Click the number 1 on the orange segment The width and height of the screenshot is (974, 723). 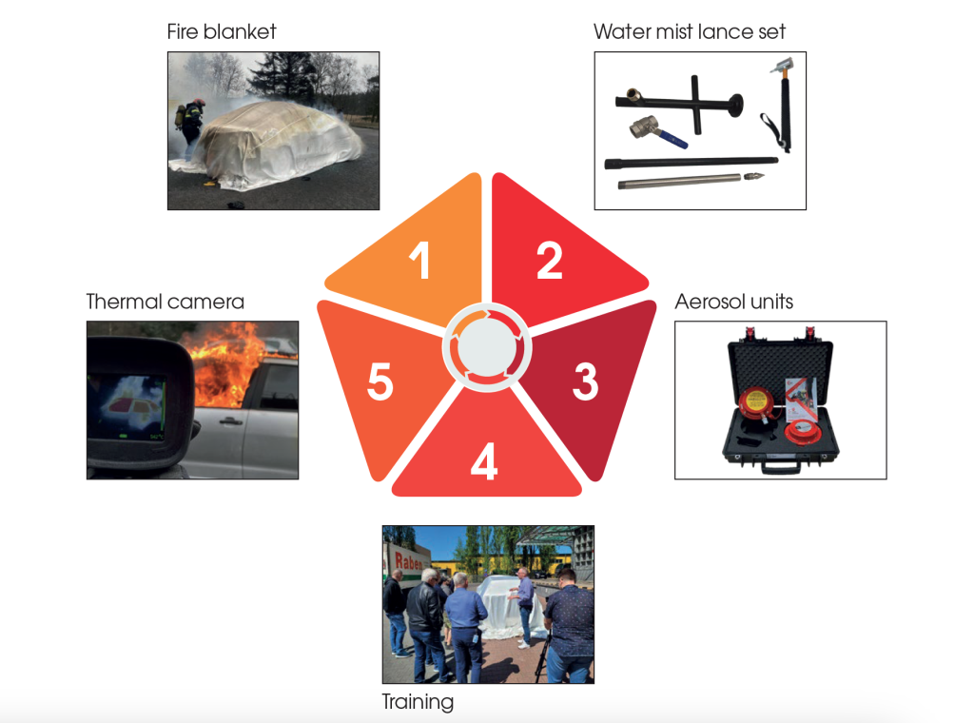420,260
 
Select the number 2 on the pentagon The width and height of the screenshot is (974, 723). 550,261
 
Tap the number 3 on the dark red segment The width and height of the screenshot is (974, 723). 586,381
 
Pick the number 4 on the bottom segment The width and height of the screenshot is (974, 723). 484,460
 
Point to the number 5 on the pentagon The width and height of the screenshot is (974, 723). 380,381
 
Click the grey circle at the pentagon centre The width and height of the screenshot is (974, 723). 487,348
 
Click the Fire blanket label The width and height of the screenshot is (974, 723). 222,31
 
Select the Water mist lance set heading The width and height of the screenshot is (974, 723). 690,31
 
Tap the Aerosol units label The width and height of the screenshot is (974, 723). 734,302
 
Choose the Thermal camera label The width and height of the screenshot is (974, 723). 166,302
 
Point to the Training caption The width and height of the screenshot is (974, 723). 418,702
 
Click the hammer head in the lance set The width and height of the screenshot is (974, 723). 782,65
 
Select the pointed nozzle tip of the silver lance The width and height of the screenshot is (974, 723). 754,176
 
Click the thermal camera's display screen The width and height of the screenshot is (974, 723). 127,407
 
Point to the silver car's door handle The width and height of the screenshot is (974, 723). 230,421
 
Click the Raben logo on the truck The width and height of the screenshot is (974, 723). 408,562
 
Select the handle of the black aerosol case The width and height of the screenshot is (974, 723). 781,466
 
